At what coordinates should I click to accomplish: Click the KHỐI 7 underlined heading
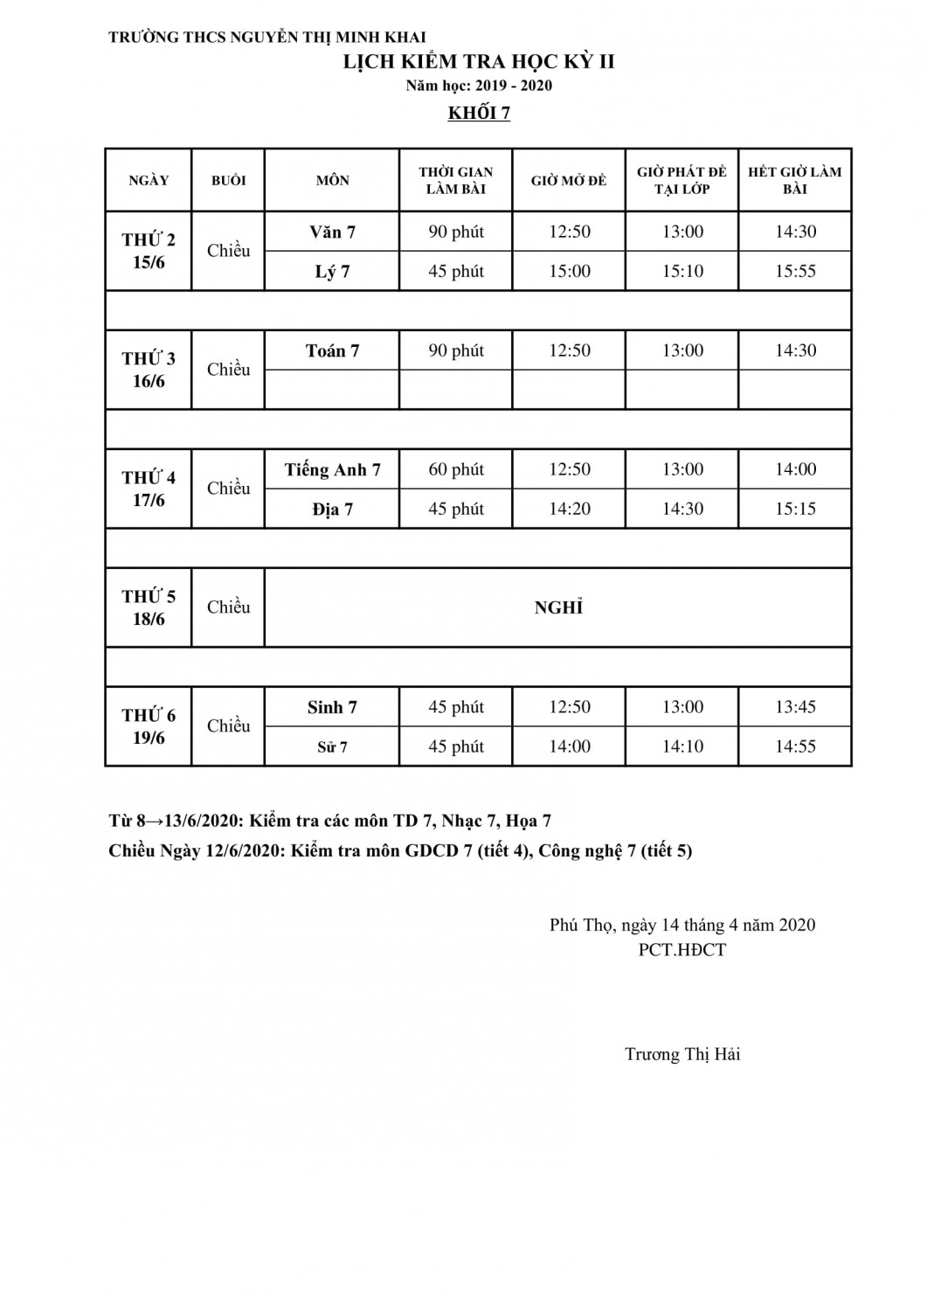479,114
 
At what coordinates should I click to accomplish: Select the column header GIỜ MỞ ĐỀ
569,181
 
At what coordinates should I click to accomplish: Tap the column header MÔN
332,181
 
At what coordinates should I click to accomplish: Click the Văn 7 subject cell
332,232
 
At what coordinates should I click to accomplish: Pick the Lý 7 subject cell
332,272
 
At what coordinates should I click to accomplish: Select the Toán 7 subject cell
332,351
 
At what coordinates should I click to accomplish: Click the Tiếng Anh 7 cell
332,470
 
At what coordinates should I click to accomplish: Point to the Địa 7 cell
332,510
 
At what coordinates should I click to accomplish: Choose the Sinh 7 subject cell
332,708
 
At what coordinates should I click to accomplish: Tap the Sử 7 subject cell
332,747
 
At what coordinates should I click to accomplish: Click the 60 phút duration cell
456,470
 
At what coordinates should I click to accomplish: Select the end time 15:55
795,272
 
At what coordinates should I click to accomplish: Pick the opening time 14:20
569,510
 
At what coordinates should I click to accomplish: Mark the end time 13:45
795,708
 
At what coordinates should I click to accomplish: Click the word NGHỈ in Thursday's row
558,608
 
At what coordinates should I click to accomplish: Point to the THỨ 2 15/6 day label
149,251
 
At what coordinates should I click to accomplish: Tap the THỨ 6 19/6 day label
149,726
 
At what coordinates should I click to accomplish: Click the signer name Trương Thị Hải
682,1054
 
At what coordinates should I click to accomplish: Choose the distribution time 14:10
682,747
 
